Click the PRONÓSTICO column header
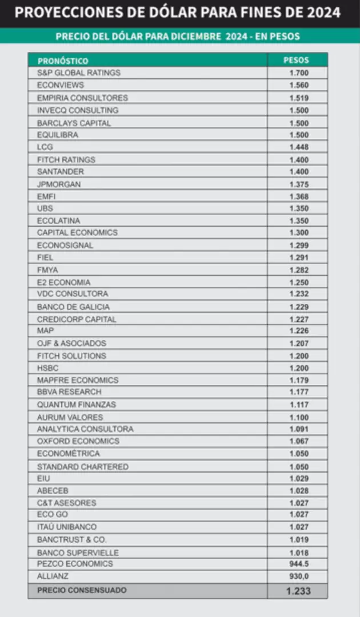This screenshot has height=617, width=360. (63, 61)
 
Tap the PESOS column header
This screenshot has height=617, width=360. (296, 60)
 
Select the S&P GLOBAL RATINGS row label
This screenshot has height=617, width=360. (79, 73)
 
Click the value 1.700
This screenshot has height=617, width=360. (299, 73)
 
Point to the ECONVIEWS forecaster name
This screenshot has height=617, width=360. (61, 86)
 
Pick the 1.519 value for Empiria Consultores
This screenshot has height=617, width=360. (299, 98)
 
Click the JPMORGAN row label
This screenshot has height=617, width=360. (59, 184)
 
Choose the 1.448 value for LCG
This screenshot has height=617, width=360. (299, 147)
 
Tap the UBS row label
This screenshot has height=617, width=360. (45, 209)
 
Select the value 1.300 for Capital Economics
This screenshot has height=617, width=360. (299, 233)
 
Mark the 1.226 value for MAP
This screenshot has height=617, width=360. (299, 331)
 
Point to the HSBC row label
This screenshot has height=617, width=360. (48, 368)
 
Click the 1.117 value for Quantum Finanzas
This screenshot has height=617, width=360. (299, 404)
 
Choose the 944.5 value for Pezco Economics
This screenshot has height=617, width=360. (299, 564)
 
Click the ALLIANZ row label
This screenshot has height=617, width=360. (53, 576)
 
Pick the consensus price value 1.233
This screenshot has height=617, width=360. (298, 591)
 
